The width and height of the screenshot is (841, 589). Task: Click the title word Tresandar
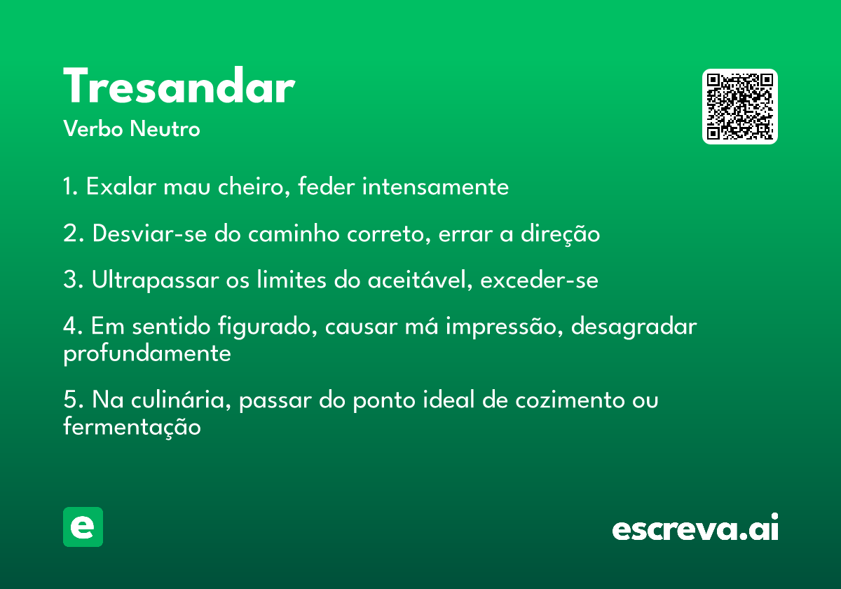[x=179, y=85]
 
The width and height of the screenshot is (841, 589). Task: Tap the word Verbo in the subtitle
[x=93, y=129]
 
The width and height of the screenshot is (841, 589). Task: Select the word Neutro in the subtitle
[x=165, y=129]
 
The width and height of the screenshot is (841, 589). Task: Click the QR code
[x=739, y=107]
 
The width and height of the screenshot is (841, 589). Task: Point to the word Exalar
[x=121, y=187]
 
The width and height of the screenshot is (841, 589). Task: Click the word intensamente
[x=435, y=187]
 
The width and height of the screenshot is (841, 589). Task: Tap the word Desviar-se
[x=150, y=233]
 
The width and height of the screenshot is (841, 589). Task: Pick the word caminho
[x=294, y=233]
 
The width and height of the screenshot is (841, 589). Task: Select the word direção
[x=560, y=234]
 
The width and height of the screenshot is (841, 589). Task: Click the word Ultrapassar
[x=156, y=280]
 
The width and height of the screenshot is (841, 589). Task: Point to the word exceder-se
[x=539, y=280]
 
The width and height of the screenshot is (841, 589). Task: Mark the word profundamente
[x=147, y=354]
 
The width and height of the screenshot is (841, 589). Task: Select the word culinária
[x=181, y=399]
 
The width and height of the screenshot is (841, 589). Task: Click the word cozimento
[x=570, y=400]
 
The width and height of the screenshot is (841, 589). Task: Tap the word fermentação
[x=132, y=428]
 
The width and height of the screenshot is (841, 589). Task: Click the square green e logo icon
[x=83, y=527]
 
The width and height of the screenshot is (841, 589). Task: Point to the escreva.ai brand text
[x=695, y=527]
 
